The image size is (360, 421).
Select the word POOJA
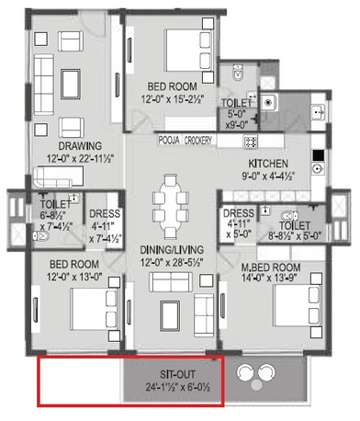pyautogui.click(x=168, y=140)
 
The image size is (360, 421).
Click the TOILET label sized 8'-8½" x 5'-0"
pyautogui.click(x=294, y=225)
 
